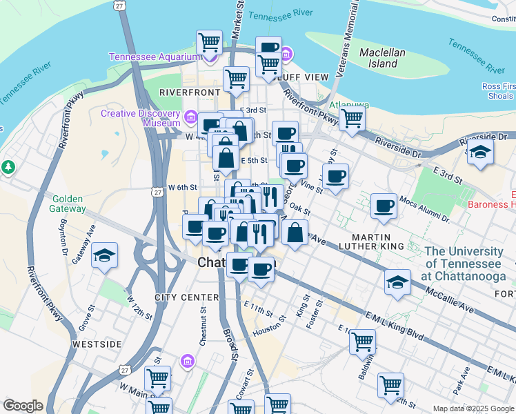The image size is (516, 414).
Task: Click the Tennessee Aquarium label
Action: pyautogui.click(x=154, y=57)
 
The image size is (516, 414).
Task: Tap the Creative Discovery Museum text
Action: pyautogui.click(x=141, y=118)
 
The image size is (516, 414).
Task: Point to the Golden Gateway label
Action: pyautogui.click(x=68, y=204)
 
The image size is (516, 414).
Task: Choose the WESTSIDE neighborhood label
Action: pyautogui.click(x=97, y=344)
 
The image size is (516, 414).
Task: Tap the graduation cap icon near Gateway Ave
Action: pyautogui.click(x=104, y=255)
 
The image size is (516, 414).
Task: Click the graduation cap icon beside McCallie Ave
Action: pyautogui.click(x=397, y=282)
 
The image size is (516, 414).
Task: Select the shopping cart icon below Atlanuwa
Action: pyautogui.click(x=352, y=118)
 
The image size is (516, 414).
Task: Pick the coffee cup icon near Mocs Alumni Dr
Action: pyautogui.click(x=384, y=205)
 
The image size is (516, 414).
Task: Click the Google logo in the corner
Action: pyautogui.click(x=22, y=406)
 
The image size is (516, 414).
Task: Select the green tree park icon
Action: pyautogui.click(x=8, y=167)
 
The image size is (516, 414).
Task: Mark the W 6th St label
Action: pyautogui.click(x=183, y=187)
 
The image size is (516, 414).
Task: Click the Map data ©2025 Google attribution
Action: pyautogui.click(x=473, y=408)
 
